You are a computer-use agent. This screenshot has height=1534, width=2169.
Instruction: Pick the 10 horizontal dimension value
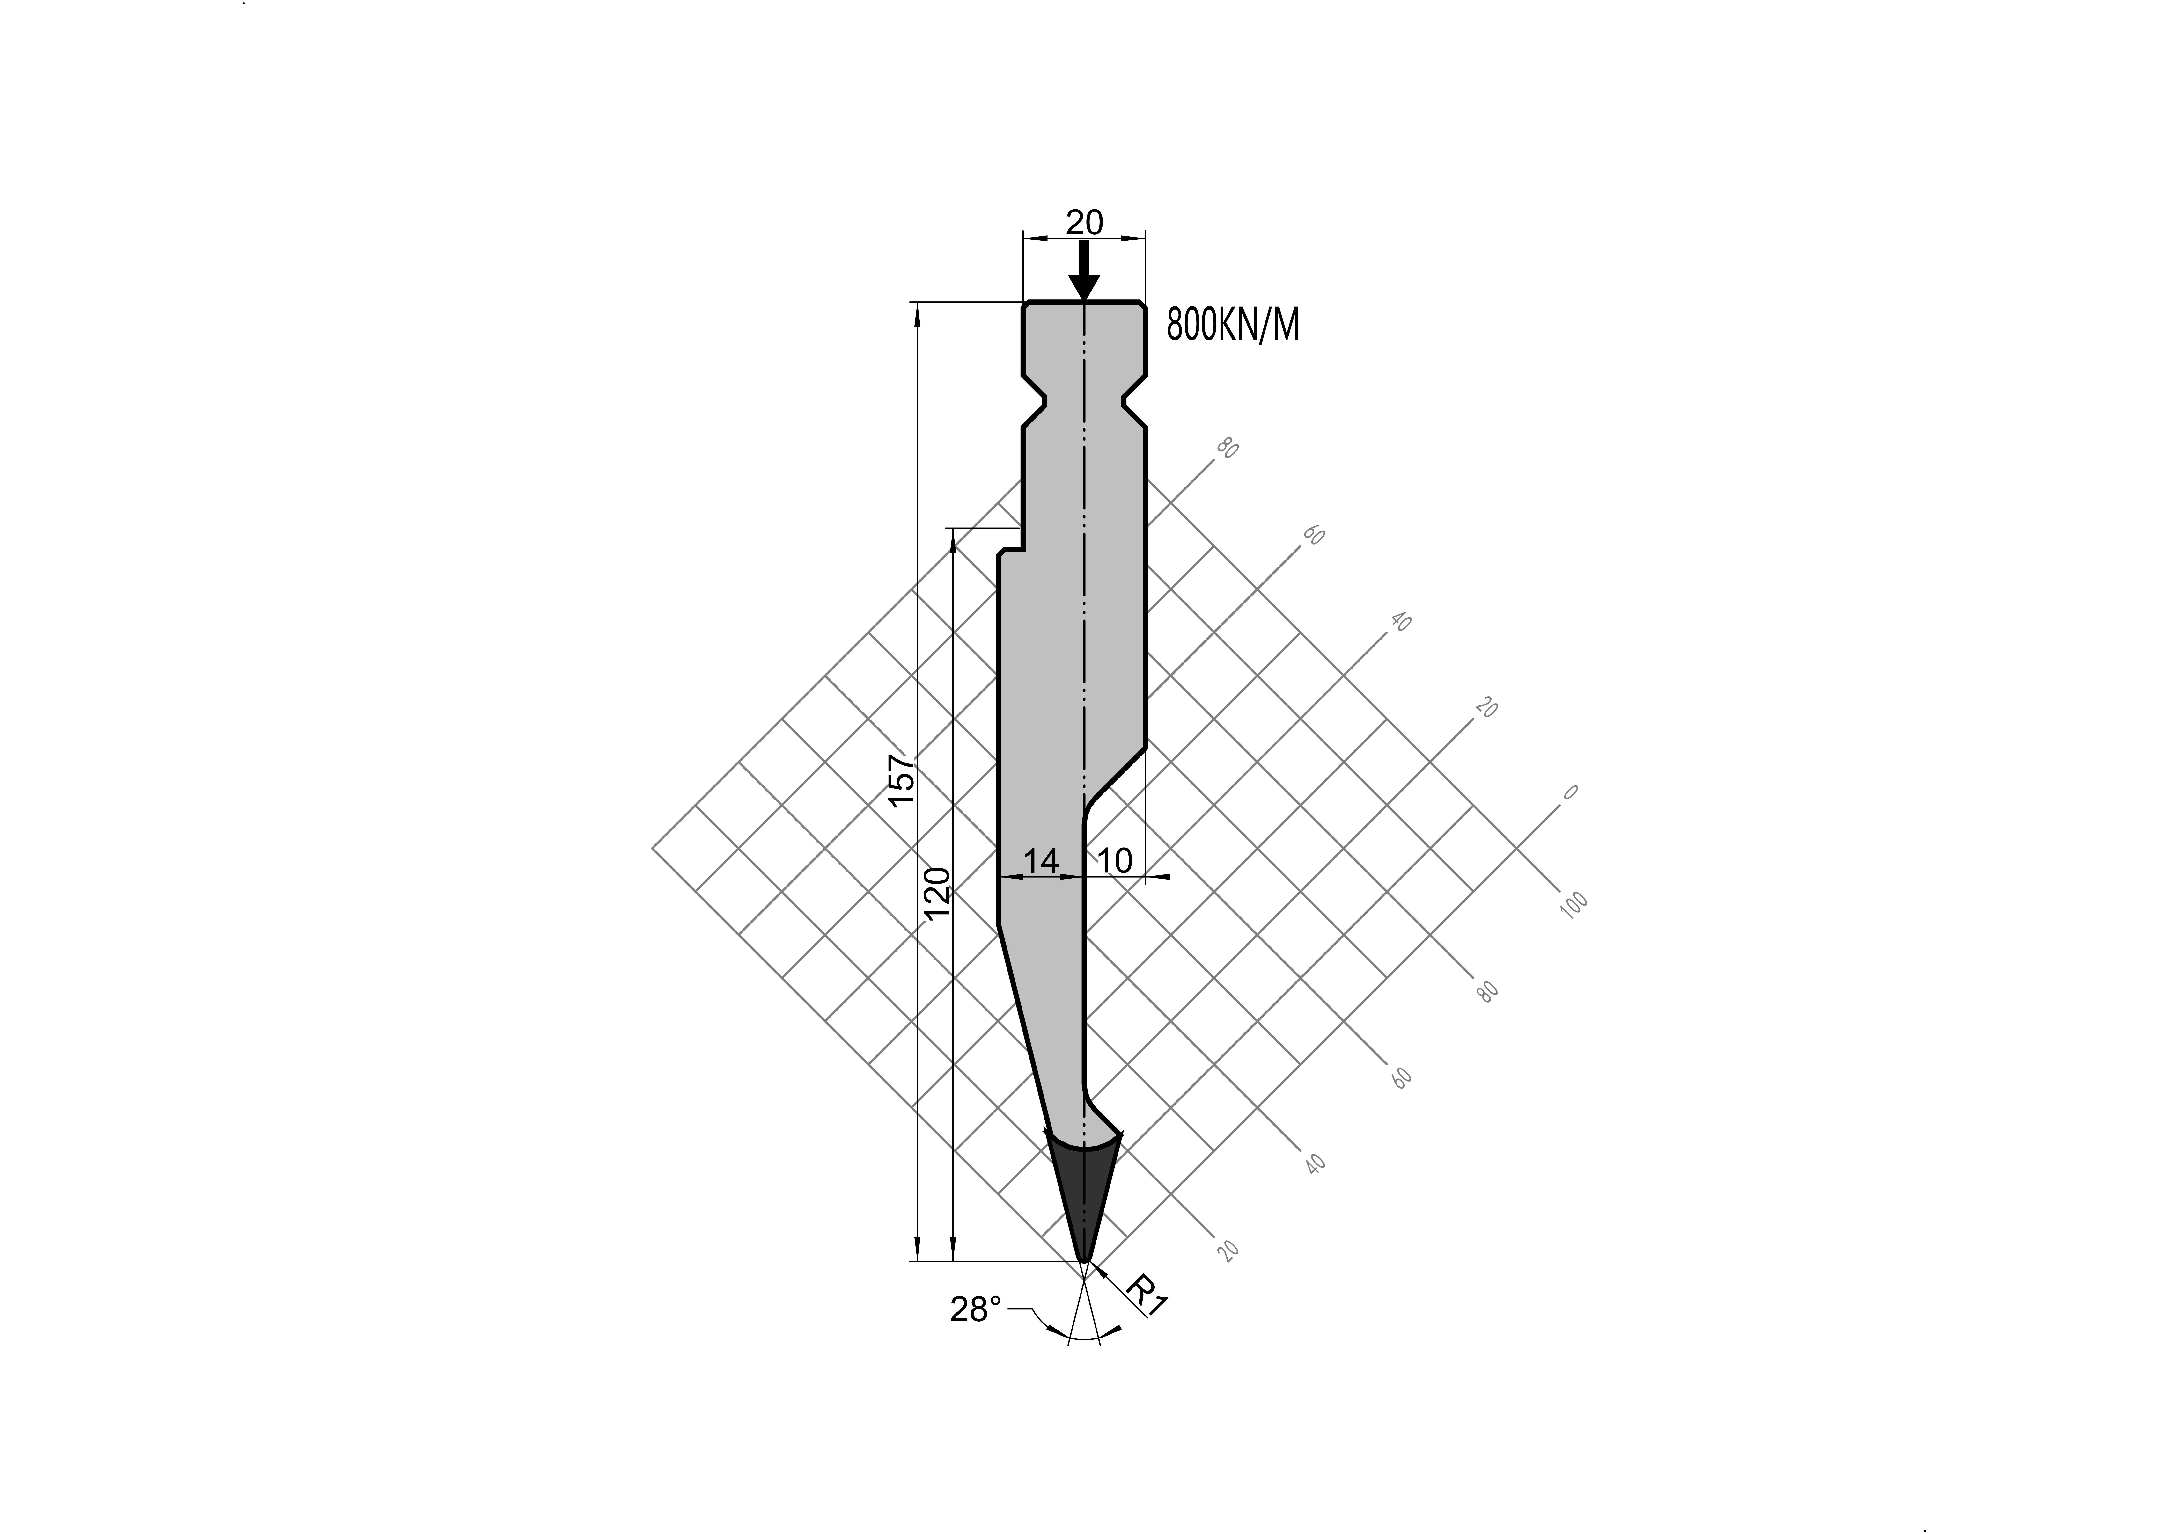click(x=1115, y=860)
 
